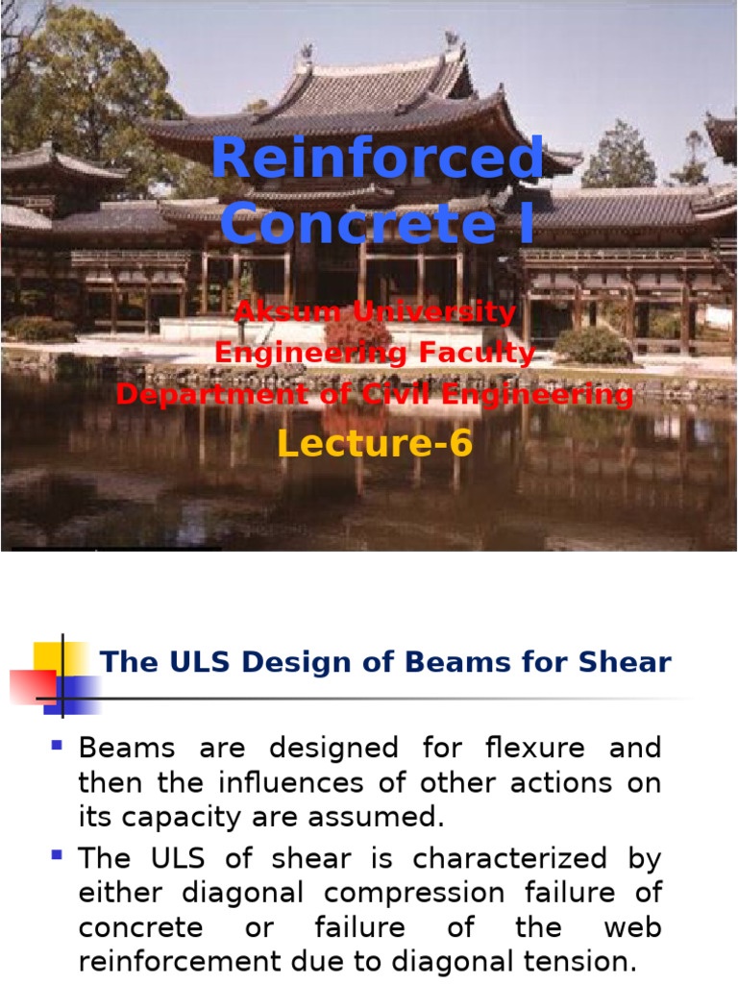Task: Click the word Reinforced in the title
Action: click(378, 158)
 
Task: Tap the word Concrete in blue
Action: click(358, 223)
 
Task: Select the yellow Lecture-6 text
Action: click(375, 443)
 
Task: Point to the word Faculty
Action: click(477, 353)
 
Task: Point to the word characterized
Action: click(509, 858)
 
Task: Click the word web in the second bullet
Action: click(632, 927)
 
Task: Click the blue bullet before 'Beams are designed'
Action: click(57, 745)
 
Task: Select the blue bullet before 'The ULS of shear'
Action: click(57, 854)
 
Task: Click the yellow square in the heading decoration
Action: click(59, 657)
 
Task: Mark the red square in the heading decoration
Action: click(33, 686)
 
